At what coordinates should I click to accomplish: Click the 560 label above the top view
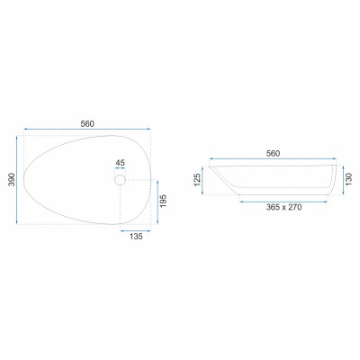click(87, 123)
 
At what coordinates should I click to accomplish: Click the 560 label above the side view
click(273, 154)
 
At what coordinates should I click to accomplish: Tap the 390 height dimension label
click(12, 179)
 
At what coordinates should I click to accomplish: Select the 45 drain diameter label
click(120, 163)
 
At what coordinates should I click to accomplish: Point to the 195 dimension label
click(163, 201)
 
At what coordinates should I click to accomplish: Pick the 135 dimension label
click(136, 237)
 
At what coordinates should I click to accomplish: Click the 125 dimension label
click(197, 179)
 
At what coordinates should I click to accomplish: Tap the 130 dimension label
click(348, 179)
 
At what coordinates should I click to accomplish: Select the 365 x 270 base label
click(283, 207)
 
